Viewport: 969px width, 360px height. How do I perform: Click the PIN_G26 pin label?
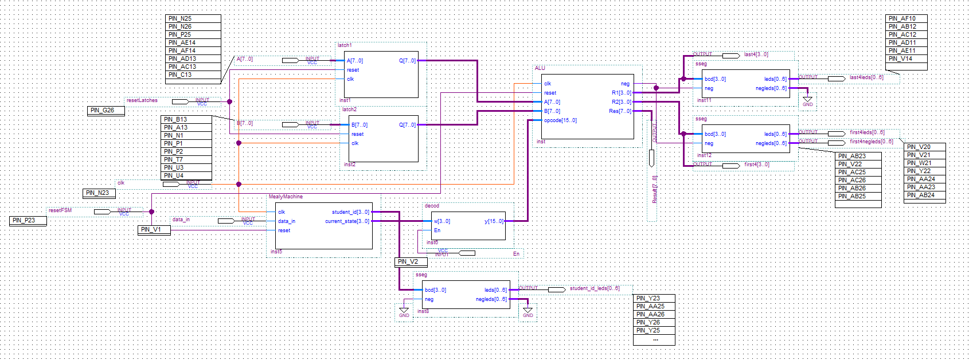(106, 111)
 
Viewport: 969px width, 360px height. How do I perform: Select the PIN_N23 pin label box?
(99, 193)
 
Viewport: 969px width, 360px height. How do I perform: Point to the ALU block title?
(540, 68)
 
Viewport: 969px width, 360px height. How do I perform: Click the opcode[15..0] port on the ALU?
(560, 120)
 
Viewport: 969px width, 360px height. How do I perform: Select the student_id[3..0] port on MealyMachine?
(350, 212)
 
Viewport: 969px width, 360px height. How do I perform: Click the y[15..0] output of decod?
(494, 221)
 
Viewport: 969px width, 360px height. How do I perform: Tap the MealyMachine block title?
(286, 197)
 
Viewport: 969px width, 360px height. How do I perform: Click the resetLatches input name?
(142, 100)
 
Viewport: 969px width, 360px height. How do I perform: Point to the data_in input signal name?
(181, 220)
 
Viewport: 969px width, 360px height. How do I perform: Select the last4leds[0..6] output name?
(866, 77)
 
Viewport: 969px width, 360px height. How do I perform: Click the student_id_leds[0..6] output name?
(594, 288)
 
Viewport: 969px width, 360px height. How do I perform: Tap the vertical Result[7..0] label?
(655, 189)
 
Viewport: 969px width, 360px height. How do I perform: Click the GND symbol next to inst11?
(807, 101)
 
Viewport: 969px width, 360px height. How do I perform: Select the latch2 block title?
(349, 109)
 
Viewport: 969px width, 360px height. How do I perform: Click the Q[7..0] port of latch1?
(407, 61)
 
